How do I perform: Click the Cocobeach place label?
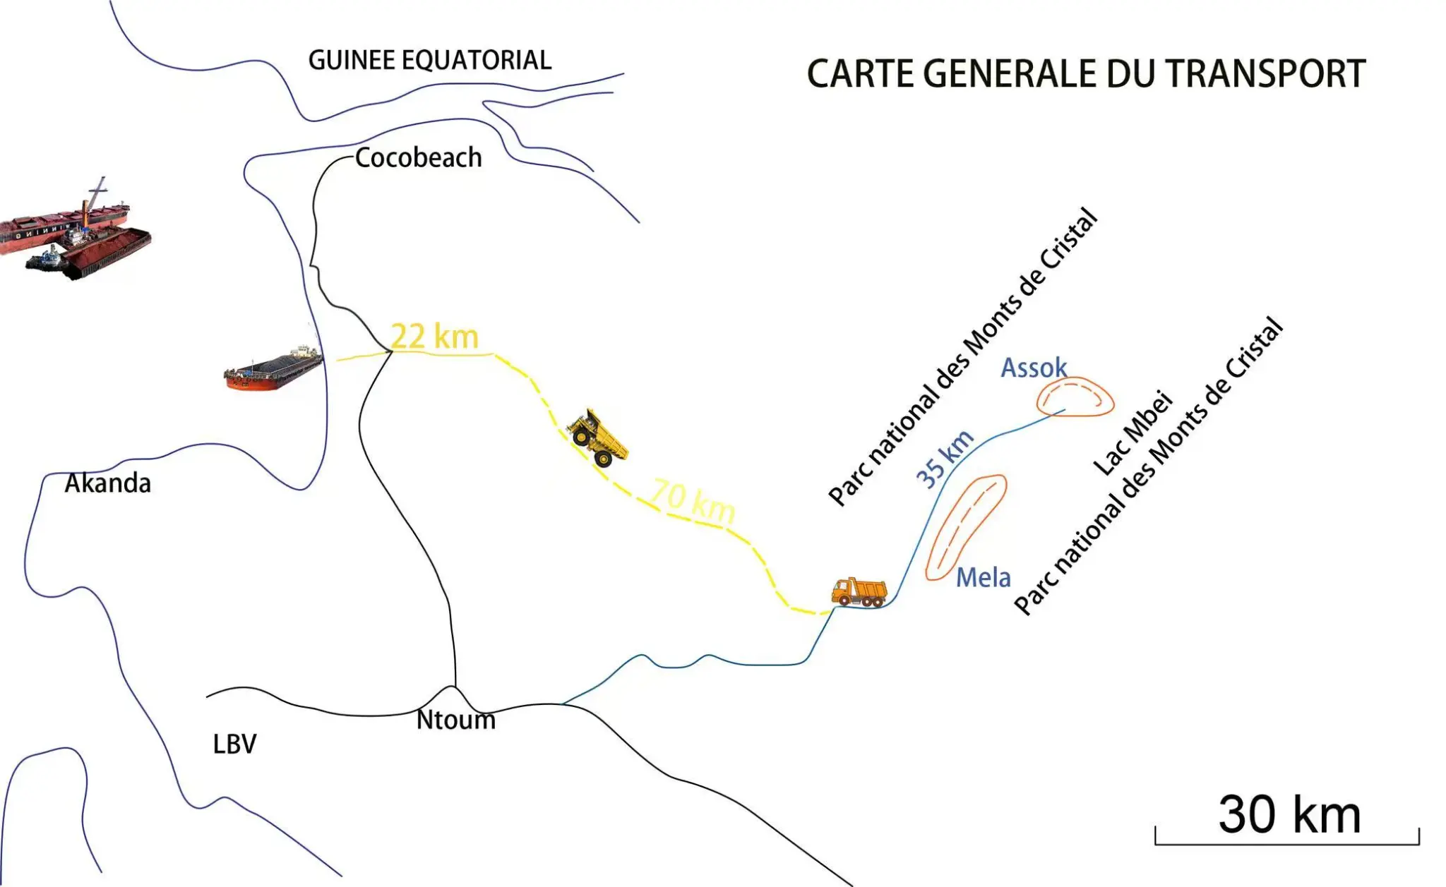418,157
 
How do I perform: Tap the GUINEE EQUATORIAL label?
429,60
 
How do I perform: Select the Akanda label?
107,483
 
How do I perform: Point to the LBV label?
234,744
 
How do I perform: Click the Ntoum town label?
455,720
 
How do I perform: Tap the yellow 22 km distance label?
434,336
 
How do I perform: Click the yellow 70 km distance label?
693,500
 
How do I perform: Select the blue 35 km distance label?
944,459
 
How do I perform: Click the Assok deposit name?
1034,368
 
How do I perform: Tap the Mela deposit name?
983,578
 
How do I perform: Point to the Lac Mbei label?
1133,433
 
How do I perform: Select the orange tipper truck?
859,591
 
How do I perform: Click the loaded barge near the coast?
273,369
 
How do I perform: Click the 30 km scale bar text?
1289,814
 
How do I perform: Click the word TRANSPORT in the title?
1264,73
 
